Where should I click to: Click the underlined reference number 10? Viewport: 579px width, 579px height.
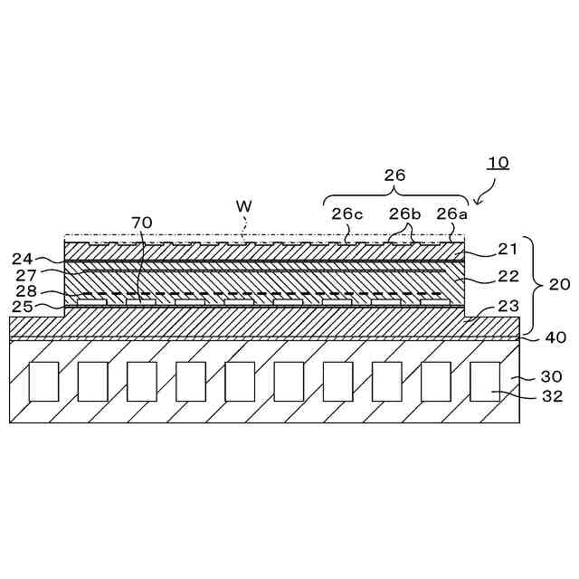coord(498,163)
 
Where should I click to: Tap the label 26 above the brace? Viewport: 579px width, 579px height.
coord(394,175)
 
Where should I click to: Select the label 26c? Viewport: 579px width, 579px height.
coord(346,214)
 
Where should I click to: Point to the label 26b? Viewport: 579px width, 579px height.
coord(404,214)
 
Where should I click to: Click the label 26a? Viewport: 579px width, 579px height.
coord(451,214)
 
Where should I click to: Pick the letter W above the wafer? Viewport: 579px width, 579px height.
coord(243,206)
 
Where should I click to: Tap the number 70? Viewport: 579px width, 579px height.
coord(142,222)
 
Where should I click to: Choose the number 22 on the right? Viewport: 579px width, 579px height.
coord(508,277)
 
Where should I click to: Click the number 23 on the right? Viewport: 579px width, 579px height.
coord(508,307)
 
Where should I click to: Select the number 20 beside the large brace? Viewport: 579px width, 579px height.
coord(559,284)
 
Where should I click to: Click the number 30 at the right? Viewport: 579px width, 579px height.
coord(552,376)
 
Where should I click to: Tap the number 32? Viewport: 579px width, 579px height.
coord(552,395)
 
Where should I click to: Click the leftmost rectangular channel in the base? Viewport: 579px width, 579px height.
coord(44,381)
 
